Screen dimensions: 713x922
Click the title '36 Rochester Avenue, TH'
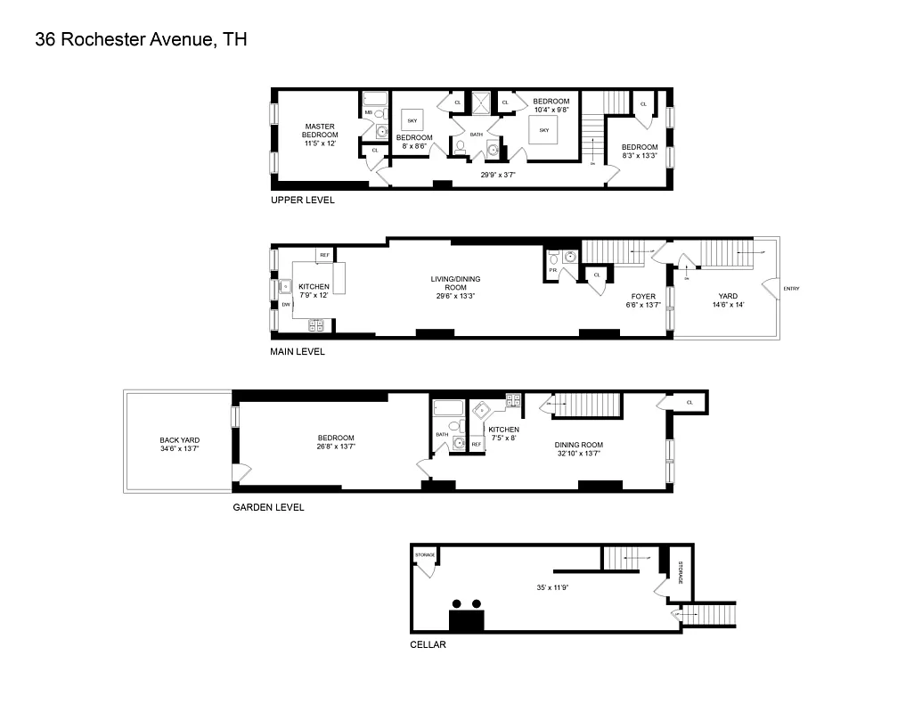141,39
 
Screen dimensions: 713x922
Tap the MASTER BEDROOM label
319,130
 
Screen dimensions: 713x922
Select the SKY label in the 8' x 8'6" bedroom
412,119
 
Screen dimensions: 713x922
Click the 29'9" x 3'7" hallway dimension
497,176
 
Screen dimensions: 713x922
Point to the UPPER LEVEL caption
303,201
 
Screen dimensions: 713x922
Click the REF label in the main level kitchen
324,255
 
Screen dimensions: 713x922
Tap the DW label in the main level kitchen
286,305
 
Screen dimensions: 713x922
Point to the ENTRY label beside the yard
791,288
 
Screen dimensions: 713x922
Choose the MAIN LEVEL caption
298,352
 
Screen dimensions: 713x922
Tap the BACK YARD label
179,444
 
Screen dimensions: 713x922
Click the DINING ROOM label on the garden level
579,448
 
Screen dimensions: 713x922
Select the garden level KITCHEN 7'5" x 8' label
503,433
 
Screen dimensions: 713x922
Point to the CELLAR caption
428,644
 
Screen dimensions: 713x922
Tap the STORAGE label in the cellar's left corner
425,555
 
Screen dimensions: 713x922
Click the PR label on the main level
553,269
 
